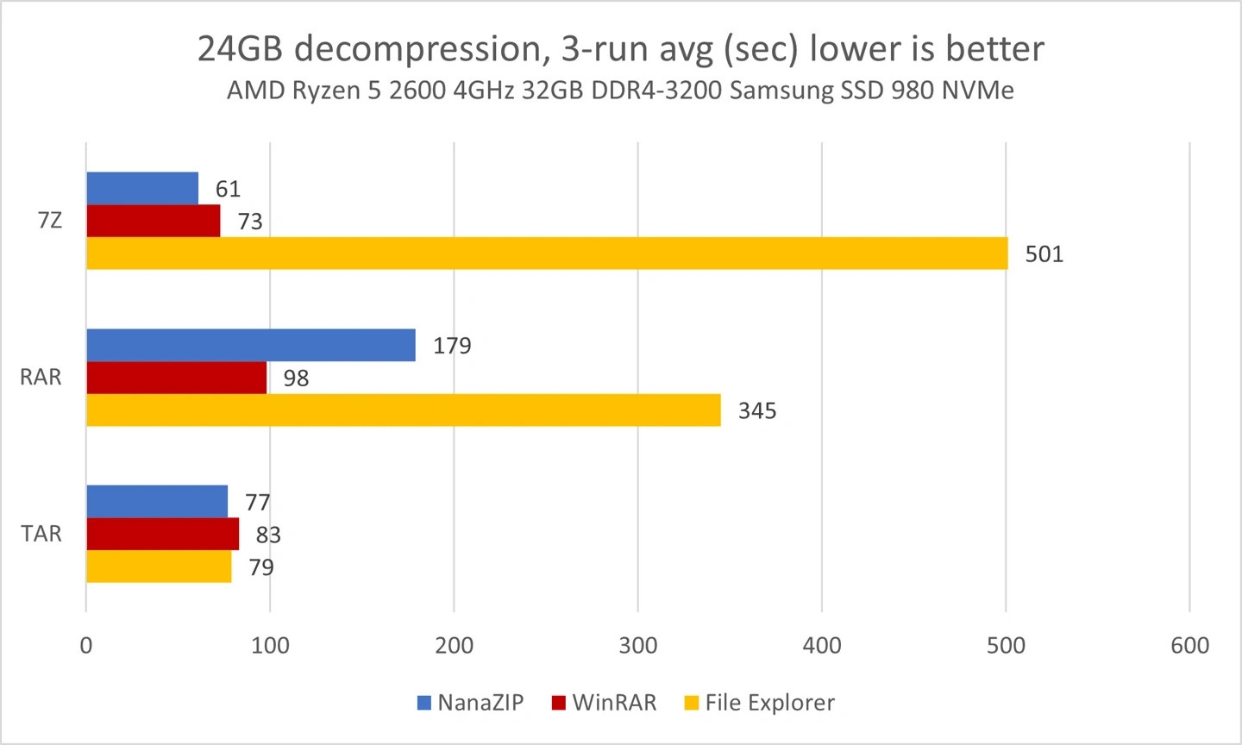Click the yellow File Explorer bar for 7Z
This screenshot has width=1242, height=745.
pos(547,254)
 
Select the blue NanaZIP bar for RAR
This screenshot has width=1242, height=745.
pos(250,345)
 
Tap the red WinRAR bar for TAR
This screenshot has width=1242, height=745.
pos(162,534)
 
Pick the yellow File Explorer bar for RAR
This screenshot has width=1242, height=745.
pos(403,410)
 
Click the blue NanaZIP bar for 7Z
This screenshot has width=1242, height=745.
pos(142,188)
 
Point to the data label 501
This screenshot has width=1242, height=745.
pos(1044,254)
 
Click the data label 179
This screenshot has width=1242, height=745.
pos(452,346)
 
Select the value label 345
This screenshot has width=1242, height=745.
pos(757,411)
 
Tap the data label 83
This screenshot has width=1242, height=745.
pos(268,535)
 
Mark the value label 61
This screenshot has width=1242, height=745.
pos(228,189)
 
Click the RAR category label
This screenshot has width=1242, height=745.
pos(41,378)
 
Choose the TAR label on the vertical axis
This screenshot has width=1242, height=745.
pos(41,534)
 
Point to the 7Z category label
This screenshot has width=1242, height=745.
pos(50,221)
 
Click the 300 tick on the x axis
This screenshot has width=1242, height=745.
pos(637,646)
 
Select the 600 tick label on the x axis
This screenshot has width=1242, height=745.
pos(1189,646)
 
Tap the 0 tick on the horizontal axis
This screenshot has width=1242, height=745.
pos(86,646)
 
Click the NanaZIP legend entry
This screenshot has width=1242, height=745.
pos(470,703)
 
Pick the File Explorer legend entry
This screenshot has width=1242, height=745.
pos(759,703)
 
